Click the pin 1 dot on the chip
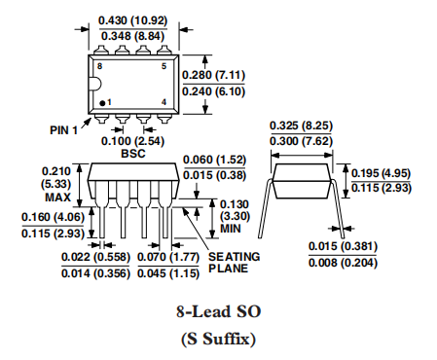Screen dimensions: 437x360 point(102,103)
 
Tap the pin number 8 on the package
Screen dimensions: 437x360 point(99,66)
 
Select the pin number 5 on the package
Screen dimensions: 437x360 point(164,66)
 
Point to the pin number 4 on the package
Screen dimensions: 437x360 point(164,102)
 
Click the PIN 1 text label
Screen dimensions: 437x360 point(63,130)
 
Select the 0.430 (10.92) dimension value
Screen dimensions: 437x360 point(133,20)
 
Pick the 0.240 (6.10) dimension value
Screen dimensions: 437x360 point(213,91)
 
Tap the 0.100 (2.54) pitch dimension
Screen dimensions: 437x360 point(133,141)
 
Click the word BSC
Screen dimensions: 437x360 point(133,154)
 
